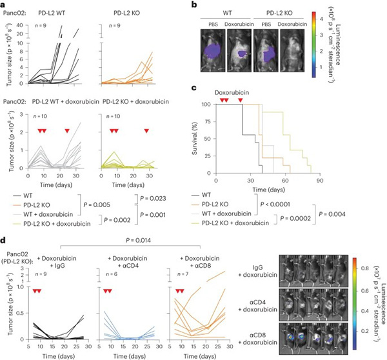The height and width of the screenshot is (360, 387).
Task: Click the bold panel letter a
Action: [x=5, y=5]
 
